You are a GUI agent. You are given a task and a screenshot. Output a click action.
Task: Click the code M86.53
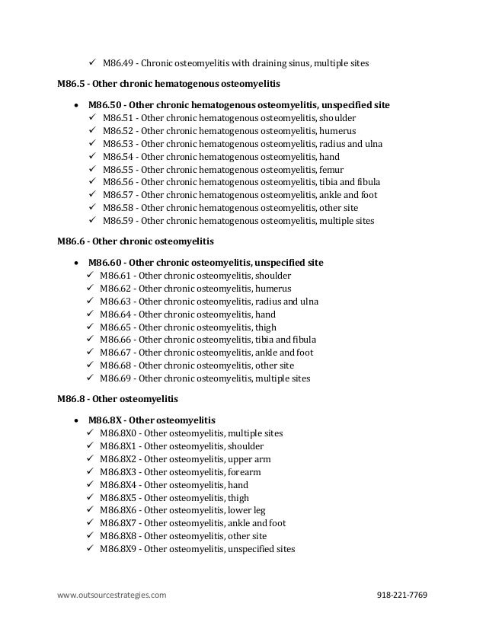[118, 144]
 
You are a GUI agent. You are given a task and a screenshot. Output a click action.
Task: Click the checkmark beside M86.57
[92, 196]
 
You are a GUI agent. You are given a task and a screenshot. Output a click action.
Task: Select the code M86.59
[118, 222]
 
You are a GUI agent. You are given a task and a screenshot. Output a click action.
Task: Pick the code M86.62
[118, 289]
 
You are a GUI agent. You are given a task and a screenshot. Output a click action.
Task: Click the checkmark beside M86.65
[92, 327]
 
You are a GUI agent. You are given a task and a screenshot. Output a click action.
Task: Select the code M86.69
[118, 378]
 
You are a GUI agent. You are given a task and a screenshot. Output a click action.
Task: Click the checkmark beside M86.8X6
[92, 510]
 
